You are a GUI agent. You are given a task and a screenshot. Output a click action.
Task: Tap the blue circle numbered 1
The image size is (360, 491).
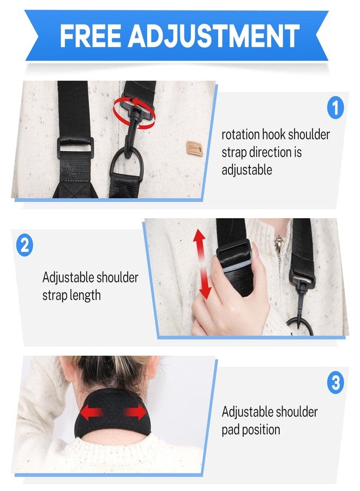tap(335, 107)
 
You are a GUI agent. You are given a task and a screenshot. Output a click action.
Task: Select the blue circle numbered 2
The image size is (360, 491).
tap(25, 244)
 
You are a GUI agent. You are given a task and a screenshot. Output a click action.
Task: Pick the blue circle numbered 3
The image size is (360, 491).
tap(335, 382)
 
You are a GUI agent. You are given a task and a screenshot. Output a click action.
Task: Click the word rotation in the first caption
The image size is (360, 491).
tap(241, 135)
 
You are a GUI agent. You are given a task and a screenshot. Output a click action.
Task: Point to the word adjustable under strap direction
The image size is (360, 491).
tap(247, 170)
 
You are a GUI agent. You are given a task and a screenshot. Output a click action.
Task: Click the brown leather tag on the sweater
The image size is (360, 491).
tap(194, 147)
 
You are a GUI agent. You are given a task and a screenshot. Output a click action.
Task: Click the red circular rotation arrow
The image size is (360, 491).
tap(134, 113)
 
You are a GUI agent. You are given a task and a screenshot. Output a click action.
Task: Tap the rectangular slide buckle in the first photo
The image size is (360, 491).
tap(75, 147)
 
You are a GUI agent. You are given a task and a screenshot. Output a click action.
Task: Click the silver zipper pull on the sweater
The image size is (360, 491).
tap(278, 243)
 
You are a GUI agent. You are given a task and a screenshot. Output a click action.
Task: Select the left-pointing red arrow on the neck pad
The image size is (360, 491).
tap(92, 413)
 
